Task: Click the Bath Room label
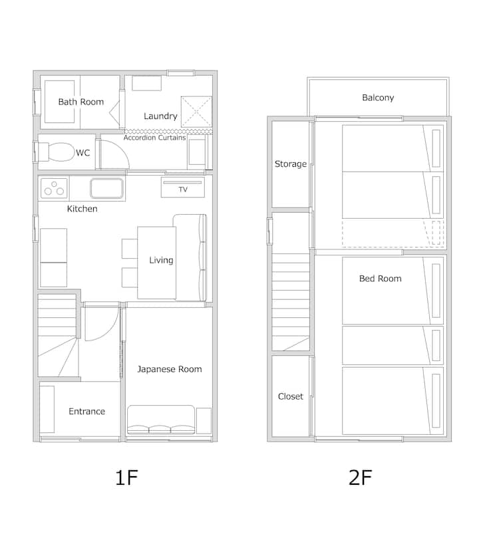coord(81,102)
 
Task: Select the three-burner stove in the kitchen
coord(54,188)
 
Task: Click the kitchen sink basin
coord(107,188)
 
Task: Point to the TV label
coord(183,190)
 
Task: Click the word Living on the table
coord(161,261)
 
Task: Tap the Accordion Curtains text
coord(155,138)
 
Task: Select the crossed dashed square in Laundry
coord(196,112)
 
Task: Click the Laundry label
coord(160,116)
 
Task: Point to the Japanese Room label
coord(170,369)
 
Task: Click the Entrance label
coord(87,412)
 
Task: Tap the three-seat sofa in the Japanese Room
coord(161,420)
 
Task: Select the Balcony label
coord(378,98)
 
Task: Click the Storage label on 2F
coord(291,164)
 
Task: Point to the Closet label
coord(291,396)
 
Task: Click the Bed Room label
coord(381,279)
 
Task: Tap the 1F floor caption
coord(126,477)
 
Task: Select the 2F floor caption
coord(360,477)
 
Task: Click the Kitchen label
coord(82,209)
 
